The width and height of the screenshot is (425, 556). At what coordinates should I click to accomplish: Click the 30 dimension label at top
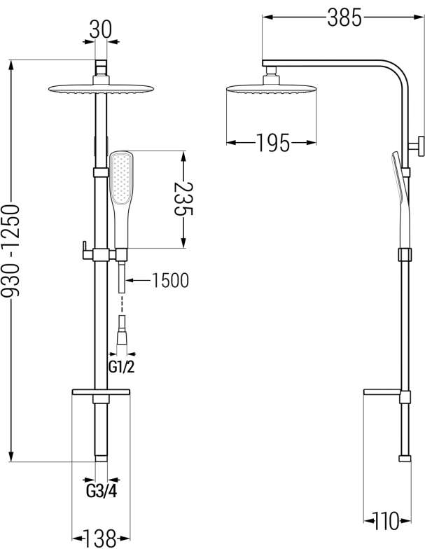coord(101,29)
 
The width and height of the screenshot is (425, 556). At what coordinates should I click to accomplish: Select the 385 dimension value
coord(344,18)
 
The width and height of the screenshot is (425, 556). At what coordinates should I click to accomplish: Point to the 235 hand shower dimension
coord(183,199)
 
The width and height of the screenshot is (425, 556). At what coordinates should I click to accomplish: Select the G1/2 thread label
coord(121,368)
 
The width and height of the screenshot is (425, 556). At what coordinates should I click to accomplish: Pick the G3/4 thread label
coord(101,492)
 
